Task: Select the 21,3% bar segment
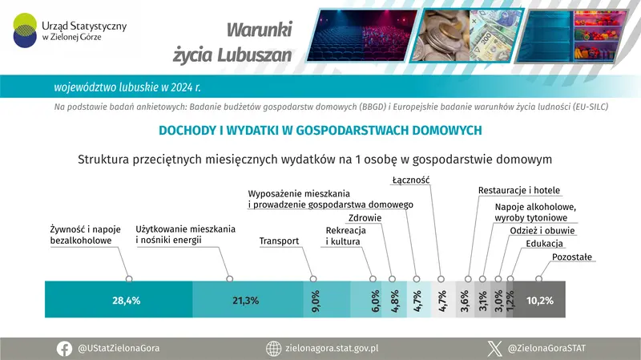tap(247, 301)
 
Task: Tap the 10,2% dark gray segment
tap(538, 301)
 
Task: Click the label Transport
tap(279, 241)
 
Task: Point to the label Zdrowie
tap(365, 218)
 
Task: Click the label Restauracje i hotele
tap(518, 191)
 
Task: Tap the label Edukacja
tap(545, 244)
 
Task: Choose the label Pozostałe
tap(572, 257)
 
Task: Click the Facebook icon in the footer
tap(64, 348)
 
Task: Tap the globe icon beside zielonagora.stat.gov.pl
tap(272, 348)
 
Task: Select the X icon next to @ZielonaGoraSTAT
tap(494, 348)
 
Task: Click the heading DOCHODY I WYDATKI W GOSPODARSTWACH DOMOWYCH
tap(320, 129)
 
